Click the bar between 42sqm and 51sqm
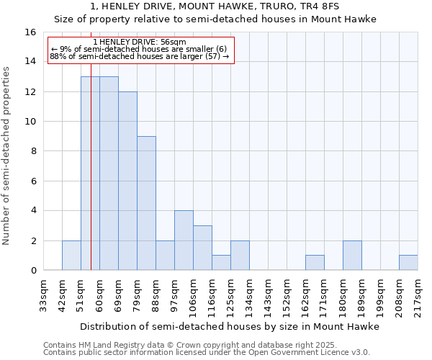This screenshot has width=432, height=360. coord(71,255)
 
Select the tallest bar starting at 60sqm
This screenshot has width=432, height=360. coord(109,173)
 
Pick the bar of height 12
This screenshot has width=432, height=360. coord(127,181)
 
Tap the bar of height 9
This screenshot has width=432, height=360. coord(146,203)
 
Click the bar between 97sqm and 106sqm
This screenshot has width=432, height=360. coord(184,240)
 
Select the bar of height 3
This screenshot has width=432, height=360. coord(202,248)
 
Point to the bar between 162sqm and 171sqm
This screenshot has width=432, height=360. coord(315,263)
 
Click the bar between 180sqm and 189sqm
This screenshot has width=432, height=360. coord(352,255)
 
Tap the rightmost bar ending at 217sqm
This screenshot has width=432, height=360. coord(408,263)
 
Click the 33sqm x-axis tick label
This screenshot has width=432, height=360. coord(44,294)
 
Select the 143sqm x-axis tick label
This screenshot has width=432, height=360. coord(269,294)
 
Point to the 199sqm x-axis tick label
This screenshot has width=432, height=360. coord(381,294)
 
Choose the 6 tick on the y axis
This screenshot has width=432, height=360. coord(32,181)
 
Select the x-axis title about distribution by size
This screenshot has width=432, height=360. coord(229,326)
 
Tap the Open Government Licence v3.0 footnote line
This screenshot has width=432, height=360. coord(207,352)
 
